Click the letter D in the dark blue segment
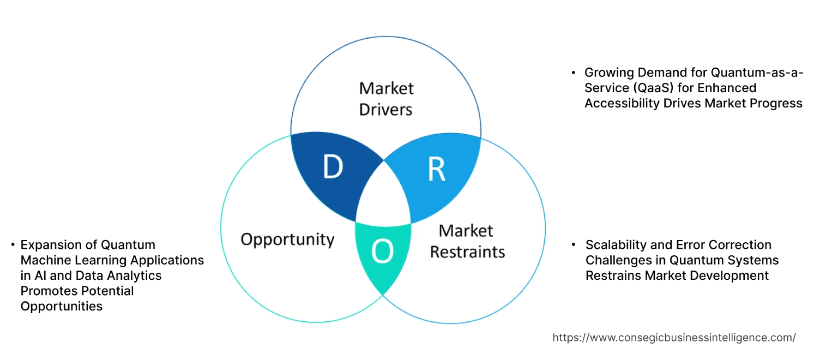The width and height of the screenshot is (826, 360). point(333,167)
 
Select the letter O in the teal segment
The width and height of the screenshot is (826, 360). point(382,251)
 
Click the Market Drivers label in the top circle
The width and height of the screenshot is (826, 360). point(386,99)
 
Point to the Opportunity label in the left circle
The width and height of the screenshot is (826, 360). point(287,239)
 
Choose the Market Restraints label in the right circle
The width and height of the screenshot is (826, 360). point(467,241)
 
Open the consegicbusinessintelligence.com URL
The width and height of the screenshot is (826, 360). point(674,338)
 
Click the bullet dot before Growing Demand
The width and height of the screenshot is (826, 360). point(573,73)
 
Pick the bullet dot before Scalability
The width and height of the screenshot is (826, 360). point(574,245)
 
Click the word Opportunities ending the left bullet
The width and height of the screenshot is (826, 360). point(62,306)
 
